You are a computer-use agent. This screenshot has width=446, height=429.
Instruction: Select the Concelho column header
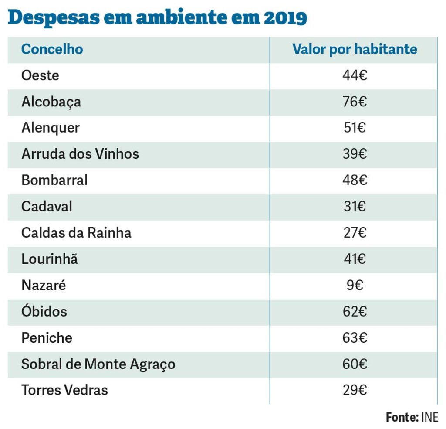click(x=52, y=49)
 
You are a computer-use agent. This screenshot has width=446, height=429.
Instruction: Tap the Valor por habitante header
click(x=355, y=49)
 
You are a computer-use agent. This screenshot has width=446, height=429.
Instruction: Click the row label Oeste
click(x=40, y=75)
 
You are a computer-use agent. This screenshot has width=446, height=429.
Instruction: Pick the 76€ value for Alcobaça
click(x=355, y=102)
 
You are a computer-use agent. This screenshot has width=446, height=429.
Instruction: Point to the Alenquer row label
click(x=51, y=128)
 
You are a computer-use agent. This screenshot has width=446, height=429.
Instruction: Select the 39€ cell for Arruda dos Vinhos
click(x=355, y=154)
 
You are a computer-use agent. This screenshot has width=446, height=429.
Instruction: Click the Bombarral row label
click(x=54, y=180)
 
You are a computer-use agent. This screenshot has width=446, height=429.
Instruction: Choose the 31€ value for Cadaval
click(x=355, y=206)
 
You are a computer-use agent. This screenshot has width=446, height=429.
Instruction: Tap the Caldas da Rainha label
click(x=76, y=232)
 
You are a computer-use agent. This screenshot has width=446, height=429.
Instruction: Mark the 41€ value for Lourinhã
click(x=355, y=259)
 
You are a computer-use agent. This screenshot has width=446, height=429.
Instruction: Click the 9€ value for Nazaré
click(x=355, y=285)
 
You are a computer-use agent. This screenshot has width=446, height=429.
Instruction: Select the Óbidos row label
click(x=44, y=311)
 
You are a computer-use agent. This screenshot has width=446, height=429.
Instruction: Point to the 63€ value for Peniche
click(x=355, y=337)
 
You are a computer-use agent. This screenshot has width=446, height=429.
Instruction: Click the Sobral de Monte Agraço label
click(x=98, y=364)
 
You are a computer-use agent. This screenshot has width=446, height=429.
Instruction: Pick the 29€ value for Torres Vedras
click(x=355, y=390)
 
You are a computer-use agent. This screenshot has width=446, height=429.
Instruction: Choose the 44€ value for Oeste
click(x=355, y=75)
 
